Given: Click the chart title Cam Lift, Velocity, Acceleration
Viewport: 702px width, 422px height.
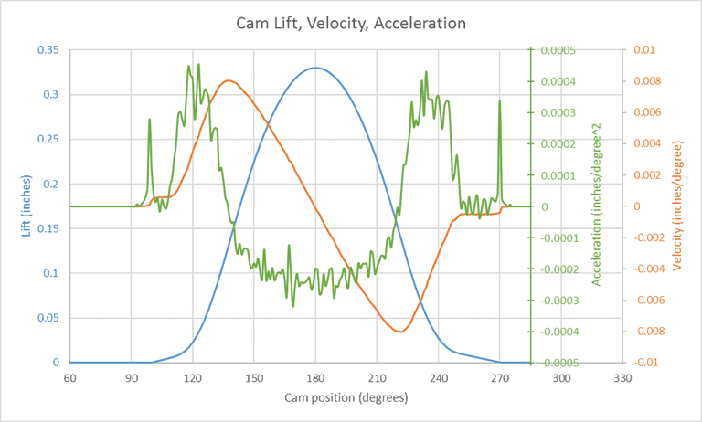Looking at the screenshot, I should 351,21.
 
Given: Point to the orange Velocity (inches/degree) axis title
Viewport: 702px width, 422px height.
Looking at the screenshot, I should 677,206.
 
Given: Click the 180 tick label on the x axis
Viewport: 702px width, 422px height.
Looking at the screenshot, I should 315,377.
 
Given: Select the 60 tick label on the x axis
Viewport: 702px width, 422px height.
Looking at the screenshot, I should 69,377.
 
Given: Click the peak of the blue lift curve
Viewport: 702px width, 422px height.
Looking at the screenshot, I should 315,68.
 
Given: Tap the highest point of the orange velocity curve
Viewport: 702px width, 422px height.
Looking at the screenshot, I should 228,80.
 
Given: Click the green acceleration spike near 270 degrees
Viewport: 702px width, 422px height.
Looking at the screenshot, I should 500,100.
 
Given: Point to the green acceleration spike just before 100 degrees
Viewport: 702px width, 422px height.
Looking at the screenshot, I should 150,119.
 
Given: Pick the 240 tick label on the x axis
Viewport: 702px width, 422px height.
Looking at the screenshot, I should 438,377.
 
